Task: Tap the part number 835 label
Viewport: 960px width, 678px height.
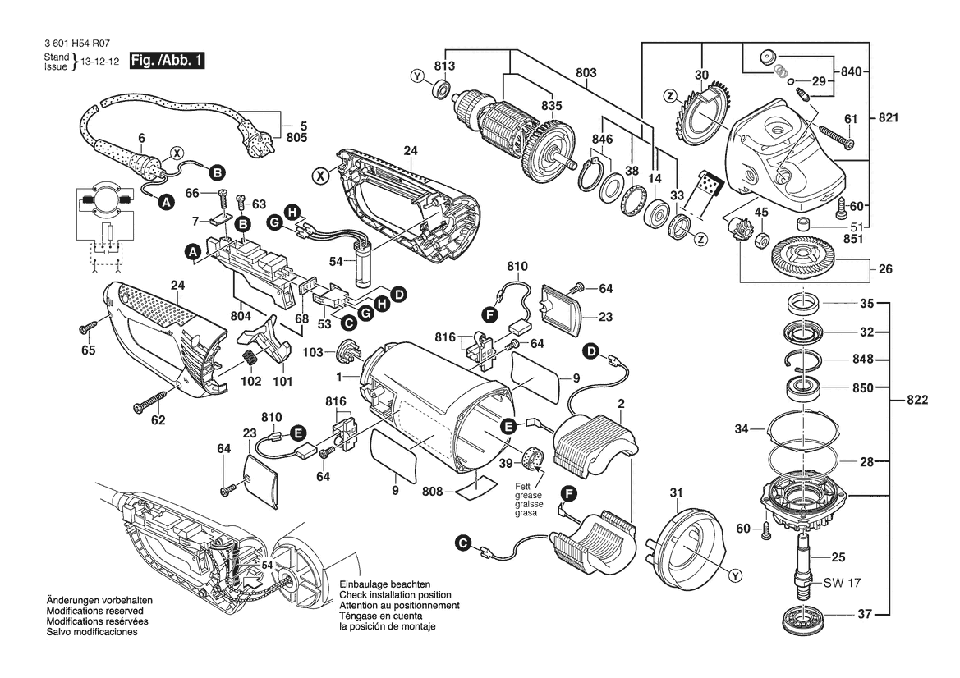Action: coord(551,106)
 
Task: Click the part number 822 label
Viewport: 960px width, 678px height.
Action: coord(917,401)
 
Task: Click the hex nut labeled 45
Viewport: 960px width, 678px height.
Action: coord(760,239)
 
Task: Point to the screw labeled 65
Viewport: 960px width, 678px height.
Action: coord(86,330)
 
